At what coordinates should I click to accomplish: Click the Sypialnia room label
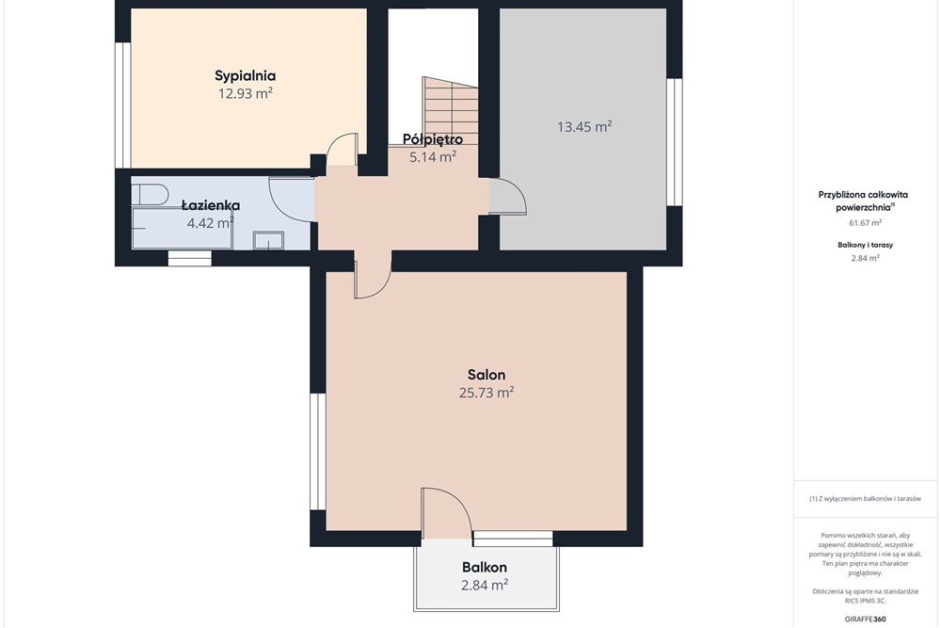click(x=245, y=76)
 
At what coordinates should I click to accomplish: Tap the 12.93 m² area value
click(x=246, y=93)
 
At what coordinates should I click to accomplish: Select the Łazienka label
click(x=211, y=205)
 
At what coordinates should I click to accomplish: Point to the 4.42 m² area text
click(x=210, y=223)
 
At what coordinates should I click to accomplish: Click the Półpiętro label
click(x=433, y=140)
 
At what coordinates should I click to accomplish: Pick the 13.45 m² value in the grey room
click(x=584, y=127)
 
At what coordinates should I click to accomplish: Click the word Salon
click(x=486, y=375)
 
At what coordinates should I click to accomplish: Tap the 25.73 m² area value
click(x=486, y=393)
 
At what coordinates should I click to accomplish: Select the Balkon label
click(x=485, y=568)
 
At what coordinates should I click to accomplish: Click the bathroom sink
click(x=268, y=240)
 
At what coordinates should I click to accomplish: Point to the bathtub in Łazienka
click(x=182, y=228)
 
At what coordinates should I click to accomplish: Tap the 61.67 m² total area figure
click(x=866, y=223)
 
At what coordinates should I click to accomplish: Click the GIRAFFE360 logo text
click(x=865, y=619)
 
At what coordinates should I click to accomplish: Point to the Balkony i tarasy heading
click(x=866, y=245)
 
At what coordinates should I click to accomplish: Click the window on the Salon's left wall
click(x=317, y=452)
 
